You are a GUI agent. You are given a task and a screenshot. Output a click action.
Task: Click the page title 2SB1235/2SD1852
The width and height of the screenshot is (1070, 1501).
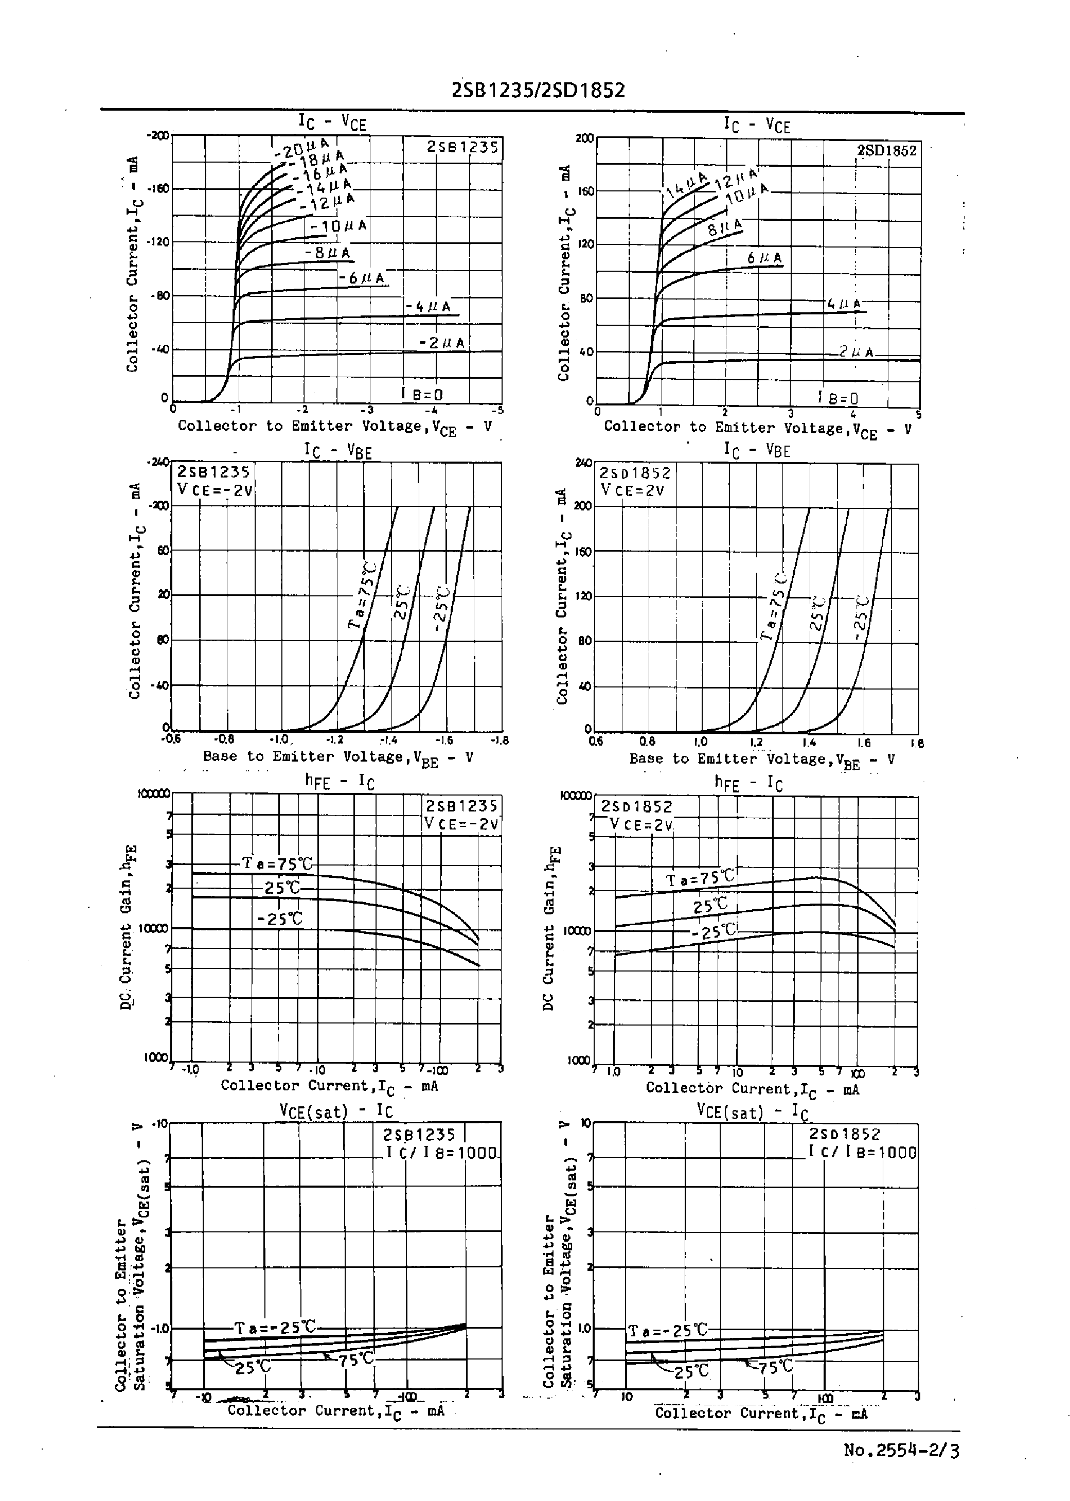click(x=538, y=90)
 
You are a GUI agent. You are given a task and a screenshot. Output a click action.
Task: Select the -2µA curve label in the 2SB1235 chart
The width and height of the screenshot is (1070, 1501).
click(x=441, y=343)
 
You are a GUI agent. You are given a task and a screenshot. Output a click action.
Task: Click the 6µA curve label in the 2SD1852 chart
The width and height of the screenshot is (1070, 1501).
click(x=764, y=258)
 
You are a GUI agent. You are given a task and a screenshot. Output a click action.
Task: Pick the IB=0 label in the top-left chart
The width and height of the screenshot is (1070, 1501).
click(x=422, y=394)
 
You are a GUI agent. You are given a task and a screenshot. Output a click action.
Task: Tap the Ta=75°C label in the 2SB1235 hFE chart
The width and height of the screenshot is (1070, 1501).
click(x=277, y=863)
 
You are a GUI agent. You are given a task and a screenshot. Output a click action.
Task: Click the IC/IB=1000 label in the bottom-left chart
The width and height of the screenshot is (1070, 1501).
click(x=441, y=1153)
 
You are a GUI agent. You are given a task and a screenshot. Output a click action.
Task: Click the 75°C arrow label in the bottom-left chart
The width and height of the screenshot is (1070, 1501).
click(x=356, y=1358)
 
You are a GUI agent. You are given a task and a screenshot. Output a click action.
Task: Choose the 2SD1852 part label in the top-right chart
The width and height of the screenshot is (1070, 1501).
click(x=886, y=150)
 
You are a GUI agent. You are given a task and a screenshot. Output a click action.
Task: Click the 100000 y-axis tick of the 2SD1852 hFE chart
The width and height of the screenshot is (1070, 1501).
click(x=575, y=796)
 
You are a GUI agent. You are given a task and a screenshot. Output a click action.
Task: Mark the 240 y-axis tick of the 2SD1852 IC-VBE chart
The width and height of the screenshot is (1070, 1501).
click(x=583, y=463)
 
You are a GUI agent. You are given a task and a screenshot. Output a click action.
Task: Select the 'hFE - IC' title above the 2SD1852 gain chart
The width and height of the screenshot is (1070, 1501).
click(x=748, y=783)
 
